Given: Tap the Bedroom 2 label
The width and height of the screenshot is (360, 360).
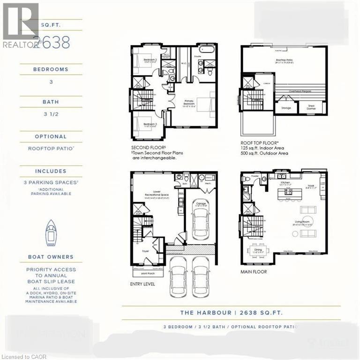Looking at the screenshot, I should tap(150, 60).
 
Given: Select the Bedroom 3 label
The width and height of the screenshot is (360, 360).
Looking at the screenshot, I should tap(150, 124).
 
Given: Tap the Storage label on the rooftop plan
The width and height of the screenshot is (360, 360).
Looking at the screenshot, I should tap(286, 108).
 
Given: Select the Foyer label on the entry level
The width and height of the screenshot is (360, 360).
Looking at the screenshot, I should tap(146, 251).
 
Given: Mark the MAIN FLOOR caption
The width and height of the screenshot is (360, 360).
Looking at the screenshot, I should tap(254, 271).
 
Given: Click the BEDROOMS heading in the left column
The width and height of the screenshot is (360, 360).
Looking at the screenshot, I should tap(50, 69).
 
